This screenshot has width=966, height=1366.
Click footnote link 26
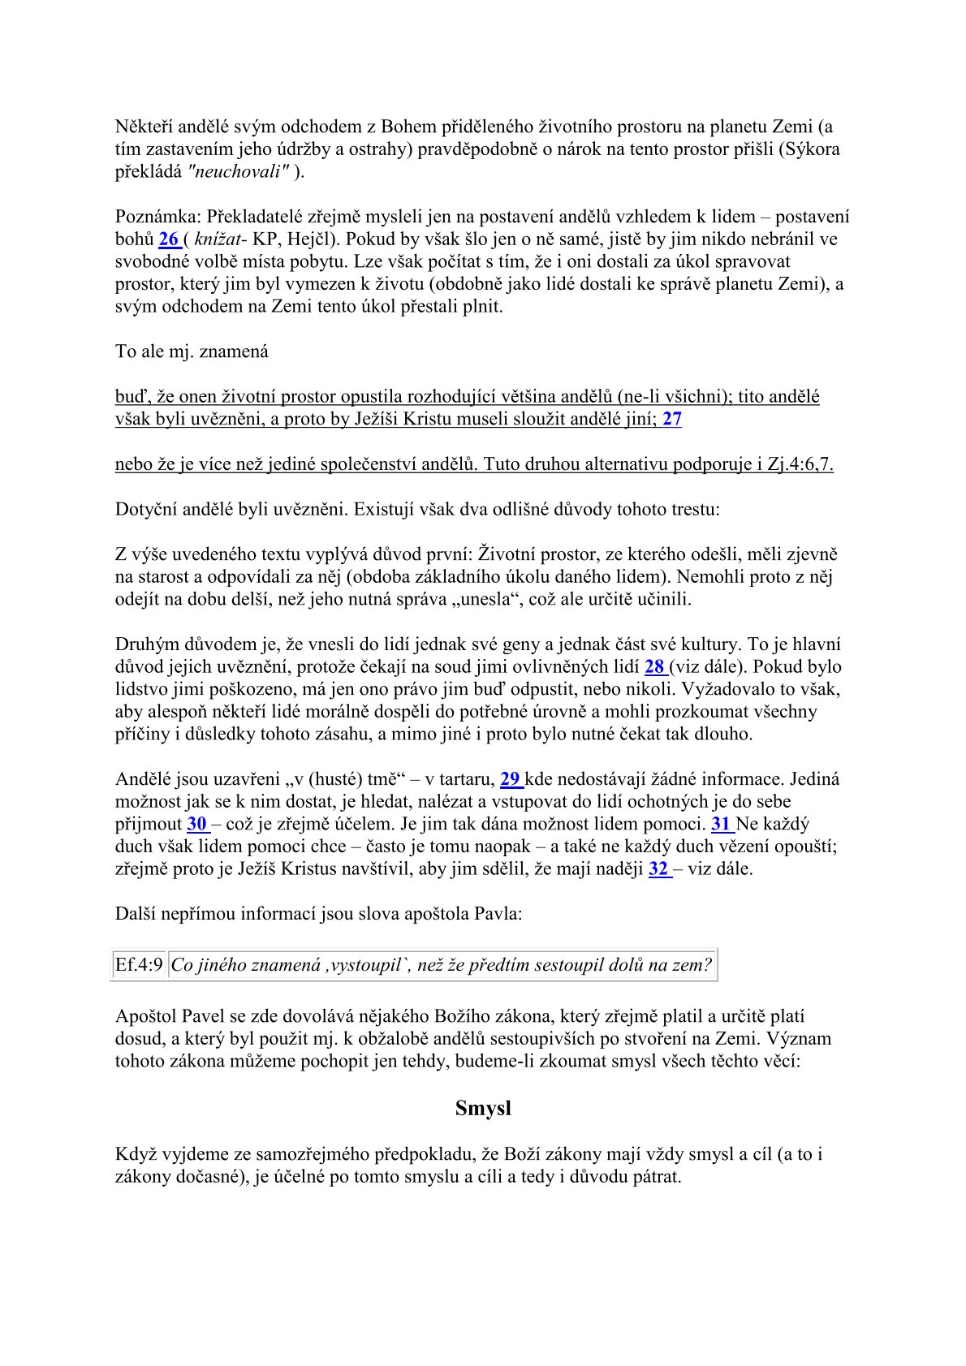pos(168,239)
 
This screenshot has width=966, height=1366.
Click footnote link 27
pos(672,420)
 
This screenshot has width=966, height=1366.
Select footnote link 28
pos(654,667)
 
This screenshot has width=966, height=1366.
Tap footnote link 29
pos(510,780)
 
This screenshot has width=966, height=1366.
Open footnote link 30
pos(196,825)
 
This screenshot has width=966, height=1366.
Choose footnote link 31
pos(721,825)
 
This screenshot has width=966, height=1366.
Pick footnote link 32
pos(658,869)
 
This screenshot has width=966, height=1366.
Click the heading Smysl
pos(483,1109)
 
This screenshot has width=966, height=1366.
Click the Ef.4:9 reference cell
pos(139,965)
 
